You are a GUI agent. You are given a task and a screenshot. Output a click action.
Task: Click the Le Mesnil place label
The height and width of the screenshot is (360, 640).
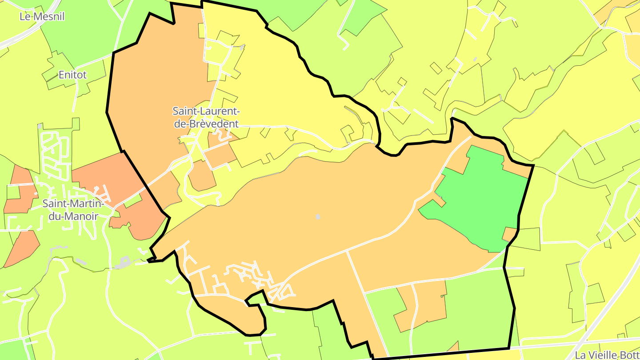(x=42, y=17)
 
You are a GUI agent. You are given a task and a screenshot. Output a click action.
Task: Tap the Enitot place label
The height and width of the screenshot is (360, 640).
(x=73, y=75)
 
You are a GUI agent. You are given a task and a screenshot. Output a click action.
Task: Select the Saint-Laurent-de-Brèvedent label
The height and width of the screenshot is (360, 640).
(x=206, y=117)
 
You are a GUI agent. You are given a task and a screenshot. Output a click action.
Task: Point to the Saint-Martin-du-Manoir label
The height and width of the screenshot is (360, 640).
(x=73, y=210)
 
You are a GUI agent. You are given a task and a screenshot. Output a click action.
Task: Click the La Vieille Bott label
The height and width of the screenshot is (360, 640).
(x=607, y=355)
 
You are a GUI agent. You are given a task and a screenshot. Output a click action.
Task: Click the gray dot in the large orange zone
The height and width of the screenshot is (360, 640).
(x=318, y=216)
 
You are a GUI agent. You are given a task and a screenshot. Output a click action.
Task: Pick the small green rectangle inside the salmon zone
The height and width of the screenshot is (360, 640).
(x=132, y=201)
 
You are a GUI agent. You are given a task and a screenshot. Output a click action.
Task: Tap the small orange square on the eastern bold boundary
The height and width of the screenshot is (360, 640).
(x=510, y=234)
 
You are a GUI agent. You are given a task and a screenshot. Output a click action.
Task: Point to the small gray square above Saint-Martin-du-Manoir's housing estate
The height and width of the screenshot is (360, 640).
(x=40, y=126)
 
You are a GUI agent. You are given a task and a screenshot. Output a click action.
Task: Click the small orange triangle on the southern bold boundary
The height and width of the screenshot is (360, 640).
(x=454, y=347)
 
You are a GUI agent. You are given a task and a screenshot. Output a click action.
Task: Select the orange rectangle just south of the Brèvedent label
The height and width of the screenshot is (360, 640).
(x=220, y=156)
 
